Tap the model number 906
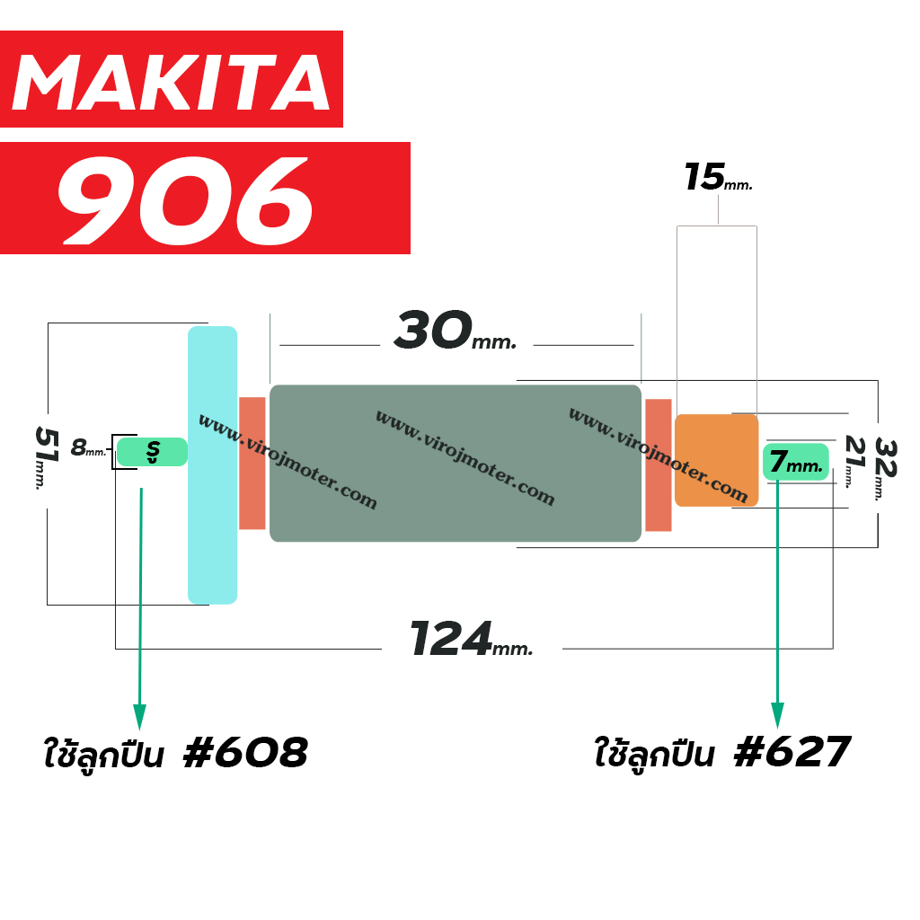coord(185,200)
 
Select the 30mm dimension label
coord(456,331)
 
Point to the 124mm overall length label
coord(471,639)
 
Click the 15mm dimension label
coord(718,177)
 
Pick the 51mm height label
coord(47,458)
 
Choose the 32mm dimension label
coord(885,469)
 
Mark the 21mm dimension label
coord(854,462)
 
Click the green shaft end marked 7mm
coord(796,462)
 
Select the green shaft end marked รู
coord(152,452)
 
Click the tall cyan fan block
coord(212,464)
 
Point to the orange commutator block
coord(716,461)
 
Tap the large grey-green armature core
coord(456,463)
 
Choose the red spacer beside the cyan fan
coord(252,464)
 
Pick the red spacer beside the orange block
coord(659,465)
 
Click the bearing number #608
coord(246,752)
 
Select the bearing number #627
coord(792,752)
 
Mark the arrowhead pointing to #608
coord(139,717)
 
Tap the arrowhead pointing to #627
coord(777,715)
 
